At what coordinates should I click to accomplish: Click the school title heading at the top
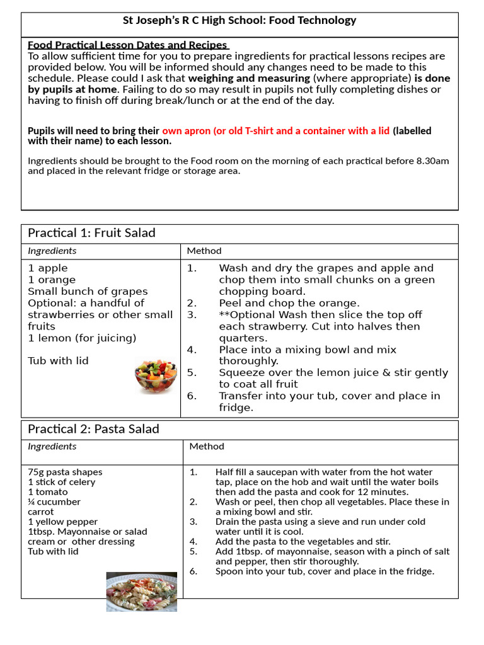[x=239, y=21]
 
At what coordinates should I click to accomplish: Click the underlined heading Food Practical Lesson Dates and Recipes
[x=127, y=45]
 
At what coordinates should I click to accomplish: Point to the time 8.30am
[x=433, y=161]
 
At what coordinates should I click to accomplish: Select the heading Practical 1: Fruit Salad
[x=91, y=233]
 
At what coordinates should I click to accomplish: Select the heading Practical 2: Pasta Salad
[x=93, y=429]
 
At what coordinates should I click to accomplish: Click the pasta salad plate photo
[x=141, y=591]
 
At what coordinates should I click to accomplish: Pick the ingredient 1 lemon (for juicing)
[x=82, y=338]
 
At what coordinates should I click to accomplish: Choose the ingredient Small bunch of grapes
[x=88, y=292]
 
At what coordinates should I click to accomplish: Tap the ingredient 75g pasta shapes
[x=65, y=472]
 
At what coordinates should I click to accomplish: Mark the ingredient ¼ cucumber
[x=54, y=502]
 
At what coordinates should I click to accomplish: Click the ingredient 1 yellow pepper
[x=63, y=522]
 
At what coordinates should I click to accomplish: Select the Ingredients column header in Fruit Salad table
[x=52, y=251]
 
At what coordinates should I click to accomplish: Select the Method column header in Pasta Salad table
[x=207, y=447]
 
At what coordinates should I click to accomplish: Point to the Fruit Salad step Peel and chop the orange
[x=289, y=303]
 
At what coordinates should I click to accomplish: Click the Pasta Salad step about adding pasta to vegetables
[x=302, y=541]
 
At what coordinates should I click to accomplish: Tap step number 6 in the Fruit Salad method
[x=192, y=396]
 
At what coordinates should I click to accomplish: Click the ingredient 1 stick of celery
[x=61, y=482]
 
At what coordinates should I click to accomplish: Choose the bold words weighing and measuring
[x=249, y=78]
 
